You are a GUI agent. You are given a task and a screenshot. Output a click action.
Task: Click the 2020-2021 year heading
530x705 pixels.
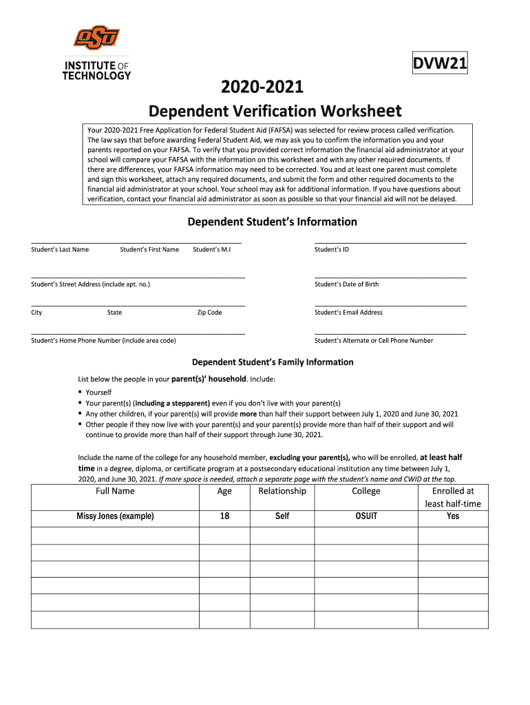point(261,87)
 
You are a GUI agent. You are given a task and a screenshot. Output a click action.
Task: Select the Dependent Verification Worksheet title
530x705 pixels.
point(275,111)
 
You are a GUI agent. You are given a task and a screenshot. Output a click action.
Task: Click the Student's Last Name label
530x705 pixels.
point(60,249)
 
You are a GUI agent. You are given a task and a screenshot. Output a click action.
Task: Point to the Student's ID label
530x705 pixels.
point(332,249)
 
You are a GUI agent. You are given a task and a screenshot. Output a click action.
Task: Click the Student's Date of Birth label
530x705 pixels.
point(346,284)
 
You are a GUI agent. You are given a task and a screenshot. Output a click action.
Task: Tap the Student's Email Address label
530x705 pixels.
point(348,312)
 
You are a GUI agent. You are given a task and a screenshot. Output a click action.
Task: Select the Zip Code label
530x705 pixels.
point(209,312)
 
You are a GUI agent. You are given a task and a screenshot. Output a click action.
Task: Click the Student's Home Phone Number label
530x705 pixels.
point(103,340)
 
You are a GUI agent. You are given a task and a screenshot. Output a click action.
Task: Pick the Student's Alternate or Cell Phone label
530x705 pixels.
point(374,340)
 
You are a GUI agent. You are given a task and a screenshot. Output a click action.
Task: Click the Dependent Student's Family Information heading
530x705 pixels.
point(273,362)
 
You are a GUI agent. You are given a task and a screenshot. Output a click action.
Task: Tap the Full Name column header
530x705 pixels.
point(115,491)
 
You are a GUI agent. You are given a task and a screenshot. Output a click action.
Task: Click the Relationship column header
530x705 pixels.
point(282,491)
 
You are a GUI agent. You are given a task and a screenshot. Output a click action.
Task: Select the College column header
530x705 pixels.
point(366,491)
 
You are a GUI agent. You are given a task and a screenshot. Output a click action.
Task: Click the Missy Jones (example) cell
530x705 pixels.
point(115,516)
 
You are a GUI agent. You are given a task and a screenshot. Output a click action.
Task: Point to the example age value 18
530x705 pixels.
point(224,516)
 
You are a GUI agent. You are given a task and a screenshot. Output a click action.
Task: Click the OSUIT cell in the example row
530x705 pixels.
point(366,516)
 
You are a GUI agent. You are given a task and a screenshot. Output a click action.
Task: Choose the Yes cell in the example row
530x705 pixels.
point(453,516)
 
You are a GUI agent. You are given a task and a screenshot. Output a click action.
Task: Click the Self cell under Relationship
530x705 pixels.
point(282,516)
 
